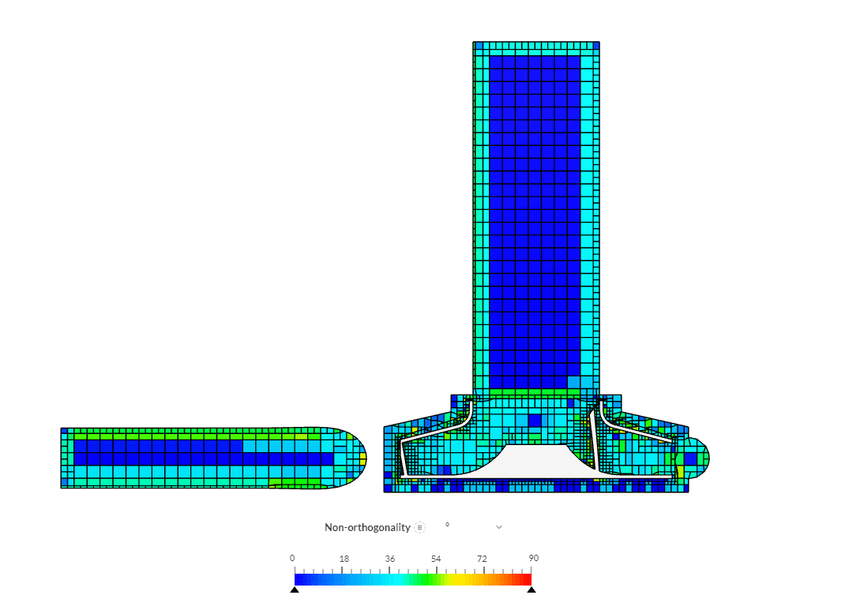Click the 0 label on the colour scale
coord(293,559)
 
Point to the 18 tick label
coord(344,559)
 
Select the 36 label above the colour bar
coord(390,559)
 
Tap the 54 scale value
coord(436,559)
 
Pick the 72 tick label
coord(482,559)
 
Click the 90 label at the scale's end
coord(534,559)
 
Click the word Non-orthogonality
coord(367,527)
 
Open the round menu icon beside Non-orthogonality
coord(420,527)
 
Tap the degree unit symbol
coord(447,525)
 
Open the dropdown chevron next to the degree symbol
coord(499,527)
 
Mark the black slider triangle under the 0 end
coord(295,589)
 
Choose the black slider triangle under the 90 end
coord(532,589)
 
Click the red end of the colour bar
coord(528,579)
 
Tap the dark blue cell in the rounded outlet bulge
coord(691,457)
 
